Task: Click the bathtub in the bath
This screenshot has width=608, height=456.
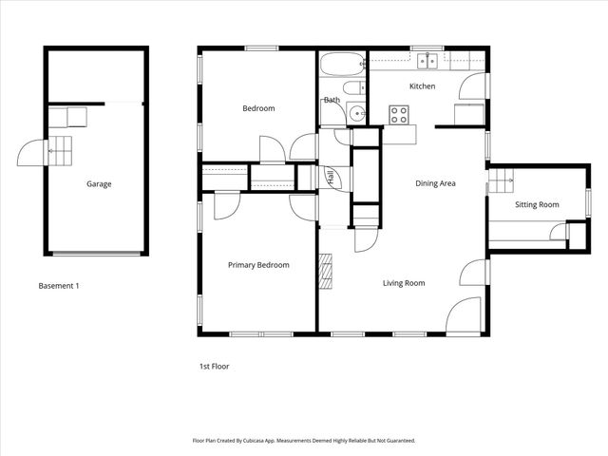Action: (342, 65)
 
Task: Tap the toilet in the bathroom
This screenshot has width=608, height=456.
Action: (353, 89)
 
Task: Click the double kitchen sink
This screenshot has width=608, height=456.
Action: (428, 62)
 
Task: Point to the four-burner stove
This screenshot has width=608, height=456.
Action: (399, 115)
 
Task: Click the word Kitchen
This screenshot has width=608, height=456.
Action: (422, 86)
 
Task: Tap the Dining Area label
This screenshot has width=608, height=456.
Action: (436, 183)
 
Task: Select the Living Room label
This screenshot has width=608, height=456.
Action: (404, 283)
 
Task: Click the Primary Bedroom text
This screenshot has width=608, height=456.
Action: (258, 265)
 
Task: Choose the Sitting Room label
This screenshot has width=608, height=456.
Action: (537, 204)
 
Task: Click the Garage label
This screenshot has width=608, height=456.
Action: (99, 184)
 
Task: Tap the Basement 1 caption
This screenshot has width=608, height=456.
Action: (58, 286)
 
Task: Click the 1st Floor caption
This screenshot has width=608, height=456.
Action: (214, 366)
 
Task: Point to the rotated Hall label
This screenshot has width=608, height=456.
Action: (330, 177)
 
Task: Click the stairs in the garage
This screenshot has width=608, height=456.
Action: (59, 150)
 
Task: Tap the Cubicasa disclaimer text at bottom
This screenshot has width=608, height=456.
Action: (304, 441)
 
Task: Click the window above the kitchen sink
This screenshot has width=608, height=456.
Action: (427, 48)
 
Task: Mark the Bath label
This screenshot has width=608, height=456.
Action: (332, 100)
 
